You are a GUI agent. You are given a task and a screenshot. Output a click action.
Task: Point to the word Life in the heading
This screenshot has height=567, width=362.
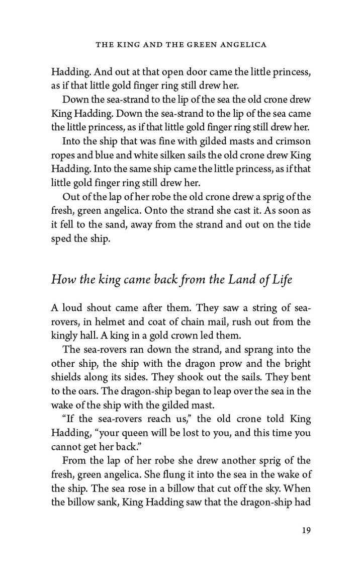[x=281, y=280]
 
